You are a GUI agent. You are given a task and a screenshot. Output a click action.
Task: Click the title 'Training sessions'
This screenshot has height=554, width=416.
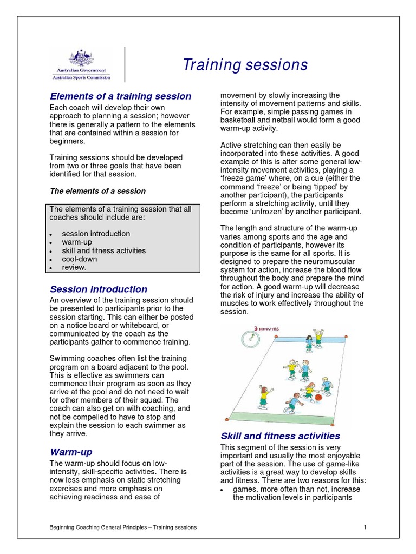pyautogui.click(x=245, y=65)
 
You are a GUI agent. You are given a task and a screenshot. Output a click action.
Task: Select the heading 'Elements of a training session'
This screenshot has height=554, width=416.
pyautogui.click(x=120, y=96)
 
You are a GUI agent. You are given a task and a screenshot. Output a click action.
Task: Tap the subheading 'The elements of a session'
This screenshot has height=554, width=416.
pyautogui.click(x=97, y=191)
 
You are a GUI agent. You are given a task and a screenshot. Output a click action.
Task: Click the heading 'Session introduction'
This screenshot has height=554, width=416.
pyautogui.click(x=98, y=289)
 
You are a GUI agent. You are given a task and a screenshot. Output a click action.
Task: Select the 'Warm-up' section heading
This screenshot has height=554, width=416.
pyautogui.click(x=71, y=451)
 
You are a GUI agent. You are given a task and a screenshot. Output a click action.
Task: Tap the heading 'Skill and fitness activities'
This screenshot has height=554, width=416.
pyautogui.click(x=280, y=436)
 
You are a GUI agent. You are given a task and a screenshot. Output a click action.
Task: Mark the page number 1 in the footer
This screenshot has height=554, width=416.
pyautogui.click(x=365, y=527)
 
